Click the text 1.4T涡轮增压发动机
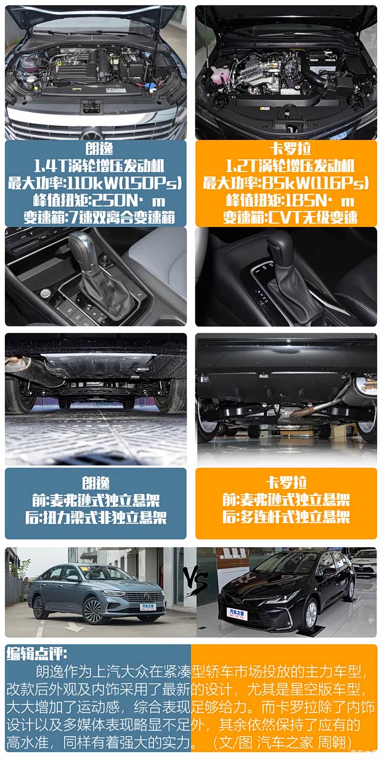95,166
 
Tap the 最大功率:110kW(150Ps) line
95,183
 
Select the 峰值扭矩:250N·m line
95,200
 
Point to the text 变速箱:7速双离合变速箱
95,217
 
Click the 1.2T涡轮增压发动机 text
286,166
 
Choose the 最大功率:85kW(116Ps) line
286,183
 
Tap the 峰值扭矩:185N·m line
286,200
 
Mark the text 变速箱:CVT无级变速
286,217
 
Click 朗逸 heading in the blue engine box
95,149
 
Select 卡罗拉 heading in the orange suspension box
286,482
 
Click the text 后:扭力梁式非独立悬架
95,517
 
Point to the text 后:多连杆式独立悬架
286,516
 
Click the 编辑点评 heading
36,653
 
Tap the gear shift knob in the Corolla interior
280,246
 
